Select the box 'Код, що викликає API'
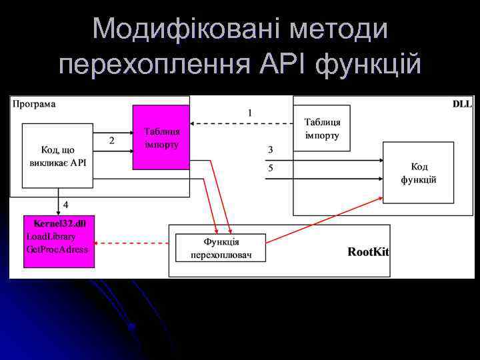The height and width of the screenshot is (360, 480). click(58, 157)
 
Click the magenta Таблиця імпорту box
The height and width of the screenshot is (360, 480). click(161, 137)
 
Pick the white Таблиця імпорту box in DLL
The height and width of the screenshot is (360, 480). click(322, 129)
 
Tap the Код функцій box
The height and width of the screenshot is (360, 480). click(418, 173)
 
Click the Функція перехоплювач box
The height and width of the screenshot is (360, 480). click(221, 248)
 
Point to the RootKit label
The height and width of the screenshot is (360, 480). click(368, 252)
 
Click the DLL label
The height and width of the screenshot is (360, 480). click(461, 104)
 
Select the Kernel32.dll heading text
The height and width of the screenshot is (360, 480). click(60, 223)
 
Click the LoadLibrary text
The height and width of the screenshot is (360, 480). click(51, 236)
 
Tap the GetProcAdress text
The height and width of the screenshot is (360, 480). click(57, 249)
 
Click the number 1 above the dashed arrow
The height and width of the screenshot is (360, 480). click(249, 113)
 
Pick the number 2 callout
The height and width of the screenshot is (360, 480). click(111, 141)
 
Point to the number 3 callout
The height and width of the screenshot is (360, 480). click(270, 149)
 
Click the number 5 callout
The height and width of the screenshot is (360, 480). click(270, 169)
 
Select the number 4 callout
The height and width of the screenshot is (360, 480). click(65, 203)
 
